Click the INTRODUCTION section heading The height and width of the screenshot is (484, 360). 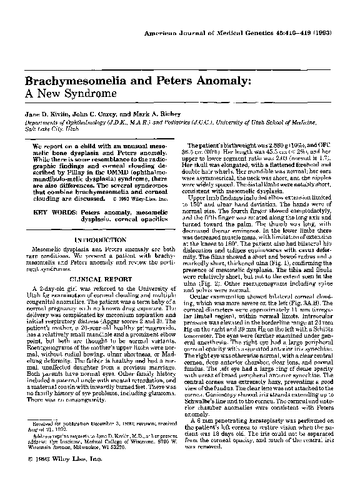tap(96, 239)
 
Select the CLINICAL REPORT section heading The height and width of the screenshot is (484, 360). tap(95, 279)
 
